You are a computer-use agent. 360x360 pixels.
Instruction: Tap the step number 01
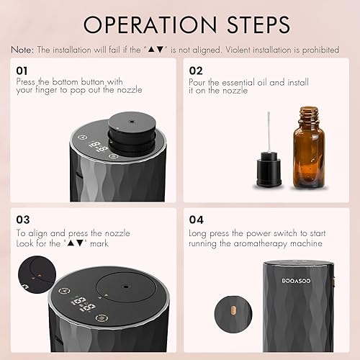tap(22, 72)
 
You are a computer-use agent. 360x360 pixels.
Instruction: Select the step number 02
tap(196, 72)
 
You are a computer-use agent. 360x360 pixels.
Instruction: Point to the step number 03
tap(22, 220)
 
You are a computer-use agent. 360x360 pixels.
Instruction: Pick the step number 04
tap(196, 220)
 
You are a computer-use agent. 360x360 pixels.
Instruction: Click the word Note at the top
tap(21, 50)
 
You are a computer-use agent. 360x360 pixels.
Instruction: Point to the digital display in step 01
tap(102, 153)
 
